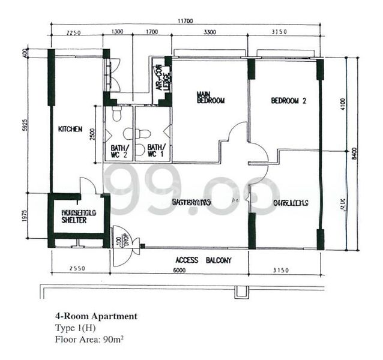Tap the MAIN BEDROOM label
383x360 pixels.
click(x=211, y=98)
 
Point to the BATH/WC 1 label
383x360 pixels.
click(x=156, y=151)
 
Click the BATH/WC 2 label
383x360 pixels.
click(x=119, y=151)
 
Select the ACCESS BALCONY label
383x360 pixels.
click(x=204, y=260)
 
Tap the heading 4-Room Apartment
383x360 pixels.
click(x=96, y=316)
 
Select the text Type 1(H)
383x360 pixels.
click(x=74, y=327)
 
